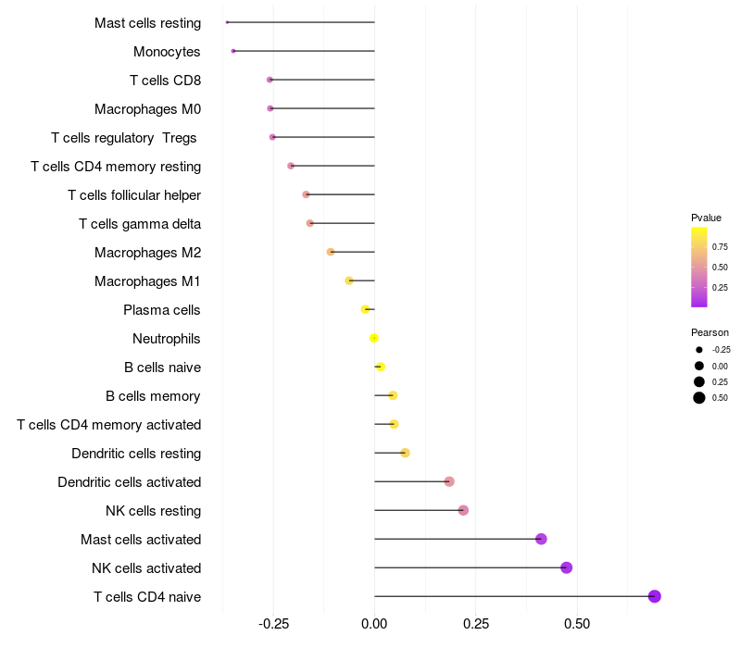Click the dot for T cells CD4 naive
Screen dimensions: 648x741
point(654,596)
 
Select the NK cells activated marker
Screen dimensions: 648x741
point(566,567)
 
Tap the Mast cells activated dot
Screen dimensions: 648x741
point(541,539)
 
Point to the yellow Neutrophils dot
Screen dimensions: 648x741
point(374,338)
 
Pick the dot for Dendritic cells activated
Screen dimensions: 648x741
point(449,481)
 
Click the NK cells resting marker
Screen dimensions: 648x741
point(463,510)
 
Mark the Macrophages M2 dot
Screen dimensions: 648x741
point(331,252)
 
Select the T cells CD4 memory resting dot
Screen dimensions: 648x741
point(291,166)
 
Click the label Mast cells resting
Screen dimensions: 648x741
point(147,22)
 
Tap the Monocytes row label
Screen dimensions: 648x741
point(167,51)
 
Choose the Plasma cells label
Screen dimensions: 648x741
point(162,309)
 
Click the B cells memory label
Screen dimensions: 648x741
point(153,395)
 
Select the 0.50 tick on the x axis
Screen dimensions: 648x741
point(576,624)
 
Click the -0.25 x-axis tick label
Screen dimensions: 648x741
point(273,624)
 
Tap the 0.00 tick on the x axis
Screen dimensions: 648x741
point(374,624)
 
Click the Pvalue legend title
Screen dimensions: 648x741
point(706,218)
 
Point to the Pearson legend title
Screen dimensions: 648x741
point(710,332)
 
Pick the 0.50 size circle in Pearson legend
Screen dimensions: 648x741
point(699,398)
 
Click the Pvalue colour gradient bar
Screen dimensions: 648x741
point(699,267)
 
